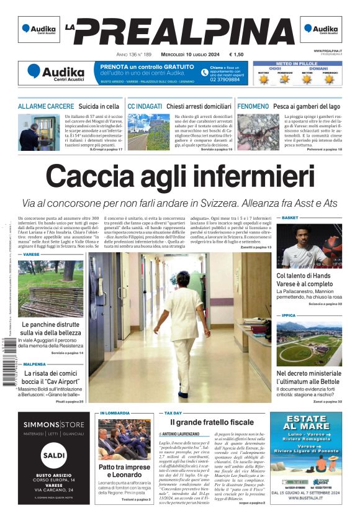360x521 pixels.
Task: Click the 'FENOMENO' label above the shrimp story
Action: (253, 107)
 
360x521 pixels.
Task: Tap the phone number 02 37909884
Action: (225, 79)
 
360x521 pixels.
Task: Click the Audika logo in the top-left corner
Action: (39, 29)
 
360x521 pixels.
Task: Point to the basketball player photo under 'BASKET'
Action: (308, 246)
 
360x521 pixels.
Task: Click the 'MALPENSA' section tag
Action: (35, 365)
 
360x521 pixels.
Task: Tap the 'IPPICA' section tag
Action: (289, 315)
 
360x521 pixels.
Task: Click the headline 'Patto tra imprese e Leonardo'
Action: (124, 471)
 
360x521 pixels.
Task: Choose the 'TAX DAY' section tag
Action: (173, 412)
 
